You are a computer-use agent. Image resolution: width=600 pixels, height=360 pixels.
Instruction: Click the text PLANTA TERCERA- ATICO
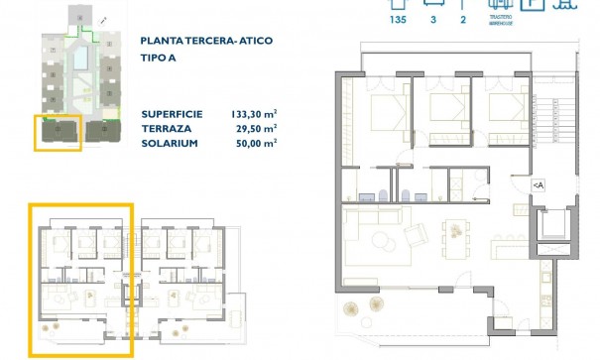(207, 41)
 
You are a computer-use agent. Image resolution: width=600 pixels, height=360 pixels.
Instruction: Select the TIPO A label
(160, 58)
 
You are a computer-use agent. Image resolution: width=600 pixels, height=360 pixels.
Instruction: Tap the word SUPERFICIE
(174, 114)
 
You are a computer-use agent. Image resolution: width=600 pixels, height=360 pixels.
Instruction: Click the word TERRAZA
(167, 129)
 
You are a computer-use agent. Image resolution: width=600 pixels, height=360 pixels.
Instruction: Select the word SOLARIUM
(170, 144)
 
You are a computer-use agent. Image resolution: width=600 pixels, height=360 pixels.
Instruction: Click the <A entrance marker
(537, 183)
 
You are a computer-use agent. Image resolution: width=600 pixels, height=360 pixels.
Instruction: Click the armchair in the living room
(418, 237)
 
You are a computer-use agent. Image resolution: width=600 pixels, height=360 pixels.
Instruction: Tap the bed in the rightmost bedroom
(501, 110)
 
